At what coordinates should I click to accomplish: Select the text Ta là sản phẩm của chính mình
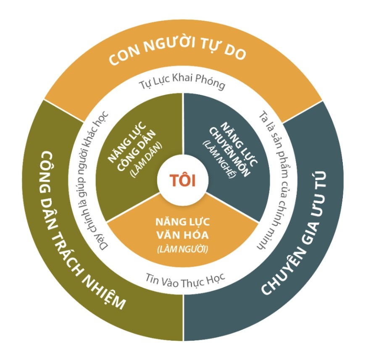point(269,181)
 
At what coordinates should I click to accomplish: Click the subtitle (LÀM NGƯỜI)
point(182,249)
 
